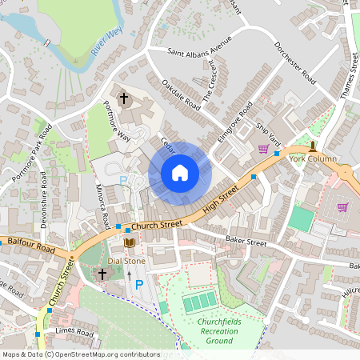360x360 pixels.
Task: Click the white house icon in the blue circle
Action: pos(180,173)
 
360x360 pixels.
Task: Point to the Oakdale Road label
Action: pos(180,94)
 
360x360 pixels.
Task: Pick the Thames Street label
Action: pos(347,76)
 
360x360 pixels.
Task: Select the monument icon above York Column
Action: pos(313,146)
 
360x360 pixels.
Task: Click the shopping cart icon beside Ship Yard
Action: pos(263,149)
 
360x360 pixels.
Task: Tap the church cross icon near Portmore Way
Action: pos(124,98)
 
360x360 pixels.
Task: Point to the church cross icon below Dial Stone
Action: pos(102,274)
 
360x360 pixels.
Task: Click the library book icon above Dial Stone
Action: pos(129,243)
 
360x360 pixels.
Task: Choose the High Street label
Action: pos(222,201)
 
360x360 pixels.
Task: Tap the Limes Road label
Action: pos(74,332)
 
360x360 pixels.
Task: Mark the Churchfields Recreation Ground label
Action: pos(212,331)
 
